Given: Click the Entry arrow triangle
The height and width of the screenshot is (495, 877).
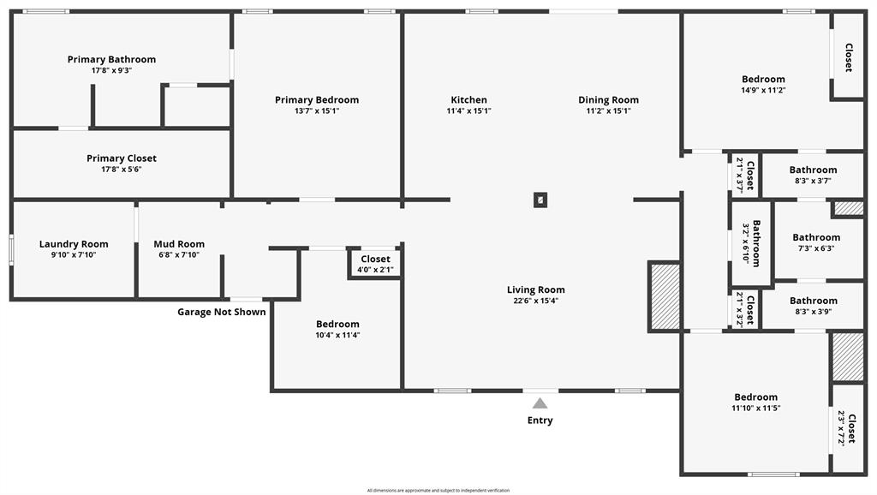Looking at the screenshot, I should tap(540, 403).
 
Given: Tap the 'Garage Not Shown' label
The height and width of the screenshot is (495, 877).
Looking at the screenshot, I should tap(221, 312).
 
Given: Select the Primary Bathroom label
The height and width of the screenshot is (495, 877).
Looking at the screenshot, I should tap(111, 59).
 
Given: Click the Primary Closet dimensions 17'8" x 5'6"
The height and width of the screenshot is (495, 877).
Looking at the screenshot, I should tap(122, 170).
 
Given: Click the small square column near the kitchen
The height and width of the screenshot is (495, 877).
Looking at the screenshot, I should tap(540, 200).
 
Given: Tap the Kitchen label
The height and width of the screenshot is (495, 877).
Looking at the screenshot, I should tap(468, 99).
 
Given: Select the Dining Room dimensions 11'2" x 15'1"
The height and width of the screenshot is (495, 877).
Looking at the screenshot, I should tap(608, 110).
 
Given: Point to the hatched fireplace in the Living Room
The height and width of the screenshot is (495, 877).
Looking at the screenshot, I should tap(665, 296).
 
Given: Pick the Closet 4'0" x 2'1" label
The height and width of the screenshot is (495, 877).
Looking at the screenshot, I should tap(375, 259).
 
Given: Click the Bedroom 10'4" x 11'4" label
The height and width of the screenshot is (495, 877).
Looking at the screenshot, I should tap(337, 324).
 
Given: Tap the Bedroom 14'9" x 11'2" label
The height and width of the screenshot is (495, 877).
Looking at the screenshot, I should tap(763, 79).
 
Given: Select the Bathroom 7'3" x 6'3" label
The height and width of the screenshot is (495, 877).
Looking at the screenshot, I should tap(816, 237).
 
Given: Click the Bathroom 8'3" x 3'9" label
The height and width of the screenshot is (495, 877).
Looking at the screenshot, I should tap(814, 301).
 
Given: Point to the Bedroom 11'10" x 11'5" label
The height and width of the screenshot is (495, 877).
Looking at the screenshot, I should tap(756, 397).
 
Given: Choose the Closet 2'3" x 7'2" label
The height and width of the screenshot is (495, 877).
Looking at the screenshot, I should tap(850, 427).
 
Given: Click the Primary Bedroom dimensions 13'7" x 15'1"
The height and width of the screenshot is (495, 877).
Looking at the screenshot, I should tap(317, 110).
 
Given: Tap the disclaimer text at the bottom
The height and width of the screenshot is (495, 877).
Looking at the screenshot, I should tap(438, 491).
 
